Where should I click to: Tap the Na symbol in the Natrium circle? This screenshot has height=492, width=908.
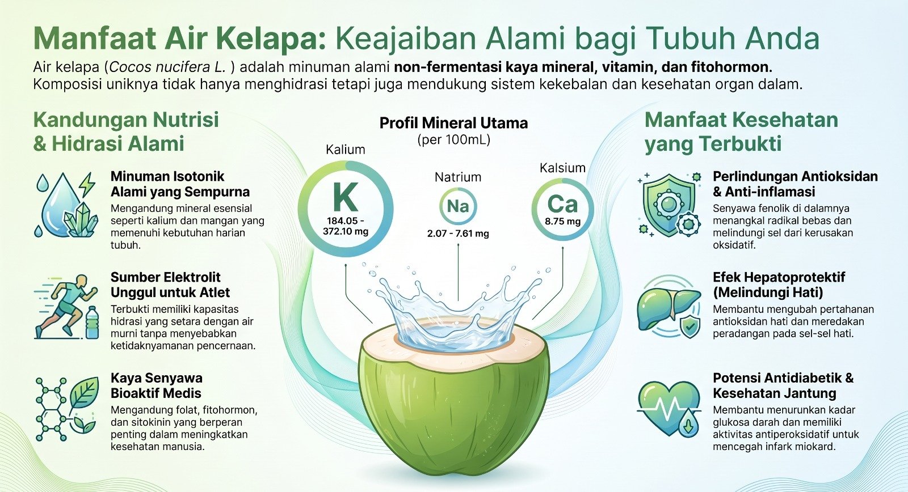click(457, 206)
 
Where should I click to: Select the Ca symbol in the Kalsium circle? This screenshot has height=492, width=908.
click(562, 204)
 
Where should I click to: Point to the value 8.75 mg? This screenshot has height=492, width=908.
click(562, 222)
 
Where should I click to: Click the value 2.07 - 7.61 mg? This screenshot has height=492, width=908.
click(458, 234)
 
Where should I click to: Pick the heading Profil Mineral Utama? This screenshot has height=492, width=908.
click(453, 123)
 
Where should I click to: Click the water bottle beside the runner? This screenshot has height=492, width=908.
click(92, 322)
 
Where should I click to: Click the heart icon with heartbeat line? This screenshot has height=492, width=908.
click(669, 407)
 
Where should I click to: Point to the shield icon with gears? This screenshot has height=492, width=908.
click(669, 205)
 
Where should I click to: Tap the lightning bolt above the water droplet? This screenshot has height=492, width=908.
click(87, 185)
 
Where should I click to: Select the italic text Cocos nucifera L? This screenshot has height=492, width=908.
click(167, 67)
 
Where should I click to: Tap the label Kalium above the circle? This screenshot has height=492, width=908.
click(346, 150)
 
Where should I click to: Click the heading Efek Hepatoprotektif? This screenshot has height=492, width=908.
click(779, 277)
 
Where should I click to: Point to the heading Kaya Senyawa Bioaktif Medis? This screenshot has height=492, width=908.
click(157, 385)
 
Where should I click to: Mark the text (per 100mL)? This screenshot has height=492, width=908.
click(454, 139)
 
